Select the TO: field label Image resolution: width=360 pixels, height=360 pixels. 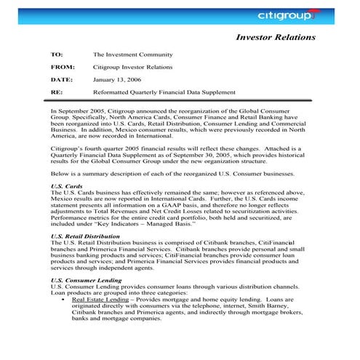(56, 55)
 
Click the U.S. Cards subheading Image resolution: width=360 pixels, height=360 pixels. (67, 186)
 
